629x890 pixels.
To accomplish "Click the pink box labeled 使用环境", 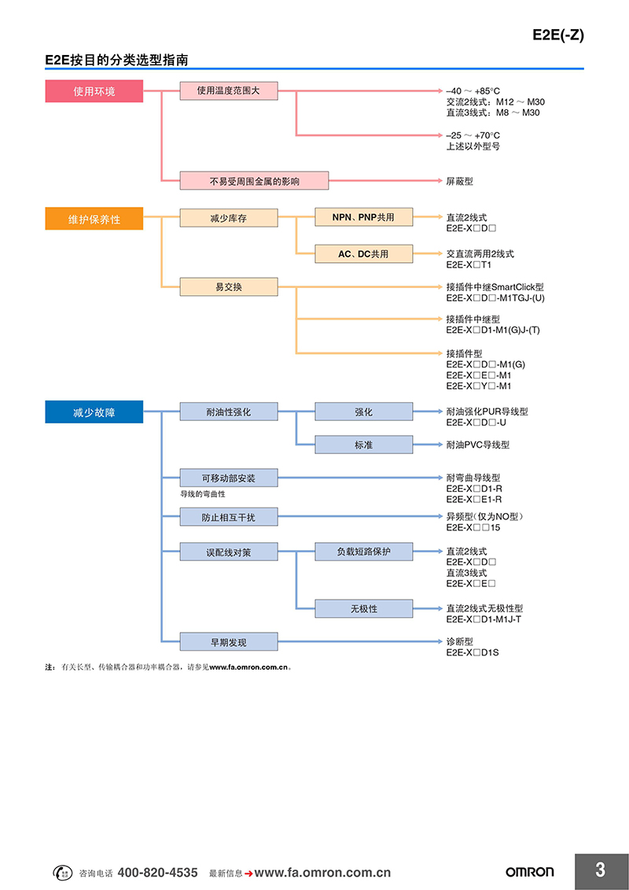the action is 94,91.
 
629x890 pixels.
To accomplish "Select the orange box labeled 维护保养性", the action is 94,219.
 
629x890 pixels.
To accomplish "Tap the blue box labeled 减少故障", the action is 94,412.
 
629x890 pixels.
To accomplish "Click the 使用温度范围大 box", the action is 229,90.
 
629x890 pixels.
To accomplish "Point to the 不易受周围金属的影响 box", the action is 254,181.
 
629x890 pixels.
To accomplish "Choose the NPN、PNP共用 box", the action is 363,217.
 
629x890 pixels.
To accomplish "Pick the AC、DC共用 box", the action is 363,253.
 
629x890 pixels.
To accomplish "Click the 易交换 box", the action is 229,286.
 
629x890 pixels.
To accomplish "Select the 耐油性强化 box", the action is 229,412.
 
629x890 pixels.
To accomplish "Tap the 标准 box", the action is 363,445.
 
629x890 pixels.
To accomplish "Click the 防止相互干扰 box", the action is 229,517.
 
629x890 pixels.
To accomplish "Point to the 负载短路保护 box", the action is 363,552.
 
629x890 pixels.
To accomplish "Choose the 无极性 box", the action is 363,608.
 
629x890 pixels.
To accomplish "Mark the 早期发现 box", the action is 229,642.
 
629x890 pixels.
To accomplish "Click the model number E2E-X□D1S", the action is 473,652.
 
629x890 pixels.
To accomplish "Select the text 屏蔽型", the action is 459,181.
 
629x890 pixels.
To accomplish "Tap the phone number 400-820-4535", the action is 158,873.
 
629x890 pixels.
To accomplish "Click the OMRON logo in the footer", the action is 530,873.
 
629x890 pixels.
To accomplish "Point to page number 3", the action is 601,870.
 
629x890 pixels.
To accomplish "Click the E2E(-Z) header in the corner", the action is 558,35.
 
